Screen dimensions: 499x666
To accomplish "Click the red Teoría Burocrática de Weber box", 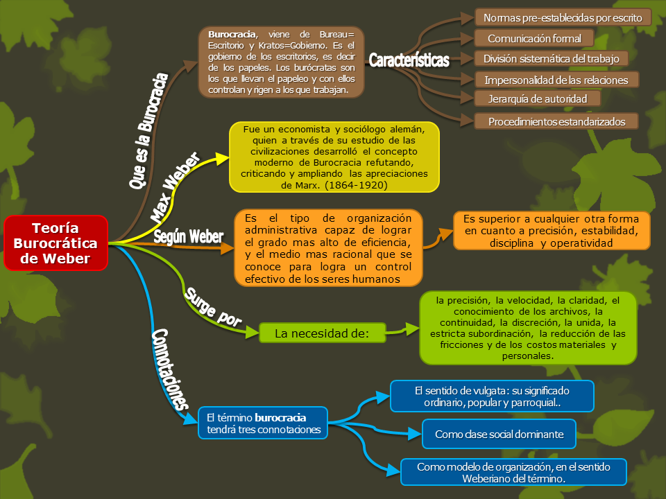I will pos(56,243).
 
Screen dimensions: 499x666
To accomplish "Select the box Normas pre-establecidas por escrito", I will pos(563,17).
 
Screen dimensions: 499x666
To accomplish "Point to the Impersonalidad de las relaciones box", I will pos(556,80).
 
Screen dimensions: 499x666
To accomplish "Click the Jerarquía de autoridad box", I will pos(538,99).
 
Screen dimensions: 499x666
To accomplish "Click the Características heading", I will pos(409,60).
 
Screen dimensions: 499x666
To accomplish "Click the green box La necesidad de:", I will pos(321,334).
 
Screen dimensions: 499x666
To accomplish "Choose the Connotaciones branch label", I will pos(169,368).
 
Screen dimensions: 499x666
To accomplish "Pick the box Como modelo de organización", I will pos(513,472).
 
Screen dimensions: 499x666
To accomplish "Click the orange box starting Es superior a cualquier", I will pos(552,231).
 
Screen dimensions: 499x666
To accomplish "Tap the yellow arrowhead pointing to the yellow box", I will pos(221,159).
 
